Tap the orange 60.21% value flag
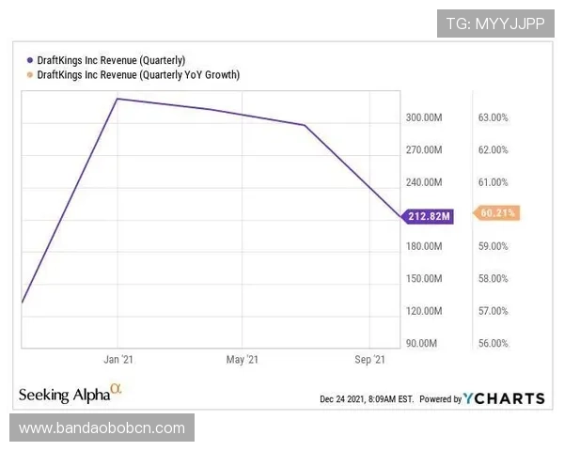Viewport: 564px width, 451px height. (x=497, y=213)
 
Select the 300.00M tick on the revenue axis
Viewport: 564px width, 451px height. (x=424, y=118)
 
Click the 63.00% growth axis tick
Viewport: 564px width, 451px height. (x=493, y=118)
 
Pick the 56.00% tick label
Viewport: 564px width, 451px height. (x=493, y=343)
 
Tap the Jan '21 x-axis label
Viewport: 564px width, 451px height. (x=117, y=359)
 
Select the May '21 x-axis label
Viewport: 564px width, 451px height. (x=243, y=359)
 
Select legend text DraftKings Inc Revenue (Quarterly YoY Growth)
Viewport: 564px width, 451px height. (x=138, y=74)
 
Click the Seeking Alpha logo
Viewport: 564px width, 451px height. (x=70, y=392)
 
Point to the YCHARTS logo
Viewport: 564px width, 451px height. (x=504, y=398)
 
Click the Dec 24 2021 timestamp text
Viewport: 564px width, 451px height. (x=367, y=399)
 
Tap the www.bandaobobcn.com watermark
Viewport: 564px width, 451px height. (x=102, y=428)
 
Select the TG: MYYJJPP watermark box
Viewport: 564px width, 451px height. (x=495, y=23)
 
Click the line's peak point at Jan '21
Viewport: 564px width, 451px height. (x=117, y=98)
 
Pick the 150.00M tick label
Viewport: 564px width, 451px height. (x=424, y=279)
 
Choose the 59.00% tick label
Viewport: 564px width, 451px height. (x=493, y=246)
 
